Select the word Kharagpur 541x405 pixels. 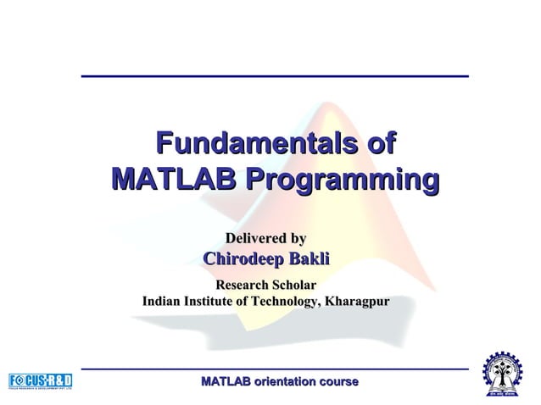pyautogui.click(x=357, y=302)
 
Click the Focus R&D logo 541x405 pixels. pyautogui.click(x=41, y=380)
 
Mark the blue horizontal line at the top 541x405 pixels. pyautogui.click(x=275, y=76)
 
